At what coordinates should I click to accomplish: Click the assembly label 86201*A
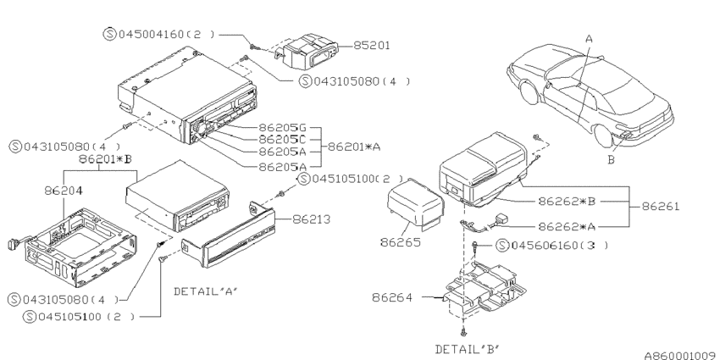354,146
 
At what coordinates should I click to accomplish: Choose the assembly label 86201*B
106,158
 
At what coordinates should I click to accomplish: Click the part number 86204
64,192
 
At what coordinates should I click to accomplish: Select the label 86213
312,219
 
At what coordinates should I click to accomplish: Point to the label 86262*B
567,202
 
